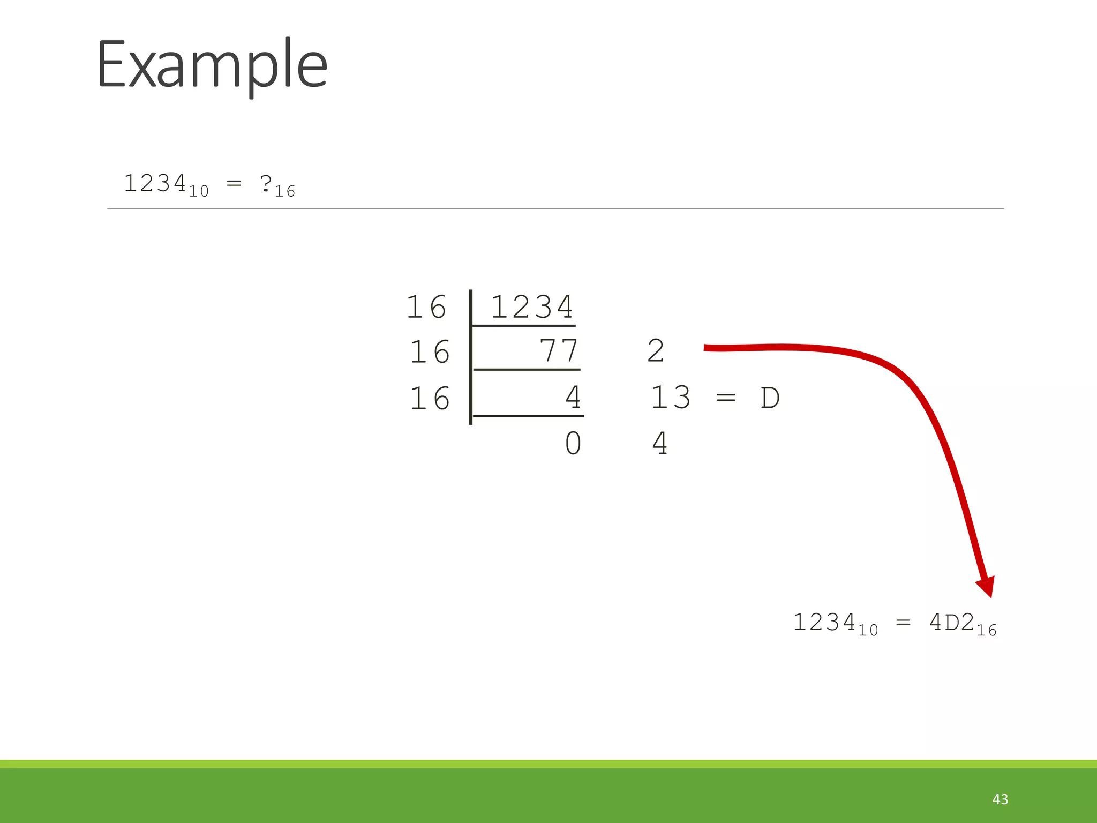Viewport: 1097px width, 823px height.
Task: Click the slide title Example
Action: pyautogui.click(x=212, y=65)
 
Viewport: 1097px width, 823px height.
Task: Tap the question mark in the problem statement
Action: pyautogui.click(x=266, y=183)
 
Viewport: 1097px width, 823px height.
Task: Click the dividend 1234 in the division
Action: pyautogui.click(x=531, y=307)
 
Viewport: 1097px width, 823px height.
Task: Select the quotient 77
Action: pyautogui.click(x=559, y=351)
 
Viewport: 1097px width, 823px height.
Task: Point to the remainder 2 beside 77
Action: pyautogui.click(x=656, y=351)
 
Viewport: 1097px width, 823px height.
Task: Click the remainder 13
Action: pyautogui.click(x=670, y=398)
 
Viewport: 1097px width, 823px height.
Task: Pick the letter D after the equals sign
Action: pyautogui.click(x=770, y=398)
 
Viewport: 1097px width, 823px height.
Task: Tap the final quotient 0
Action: pyautogui.click(x=573, y=444)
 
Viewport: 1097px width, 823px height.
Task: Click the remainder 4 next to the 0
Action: pyautogui.click(x=660, y=444)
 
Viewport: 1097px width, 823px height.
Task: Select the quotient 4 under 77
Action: pyautogui.click(x=573, y=398)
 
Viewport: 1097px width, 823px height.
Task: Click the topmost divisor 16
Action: pyautogui.click(x=426, y=307)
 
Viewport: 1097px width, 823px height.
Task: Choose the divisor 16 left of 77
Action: pyautogui.click(x=430, y=352)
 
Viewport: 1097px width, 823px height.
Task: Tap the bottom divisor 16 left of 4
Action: pyautogui.click(x=430, y=399)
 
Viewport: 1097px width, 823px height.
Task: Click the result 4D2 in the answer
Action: pyautogui.click(x=951, y=623)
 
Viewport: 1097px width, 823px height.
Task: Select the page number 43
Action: pyautogui.click(x=1000, y=799)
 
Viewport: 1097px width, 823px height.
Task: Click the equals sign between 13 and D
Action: pyautogui.click(x=726, y=398)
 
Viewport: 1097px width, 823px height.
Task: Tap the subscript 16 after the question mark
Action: pyautogui.click(x=285, y=191)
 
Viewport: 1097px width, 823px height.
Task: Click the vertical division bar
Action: pyautogui.click(x=470, y=357)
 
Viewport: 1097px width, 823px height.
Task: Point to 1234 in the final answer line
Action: pyautogui.click(x=824, y=623)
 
